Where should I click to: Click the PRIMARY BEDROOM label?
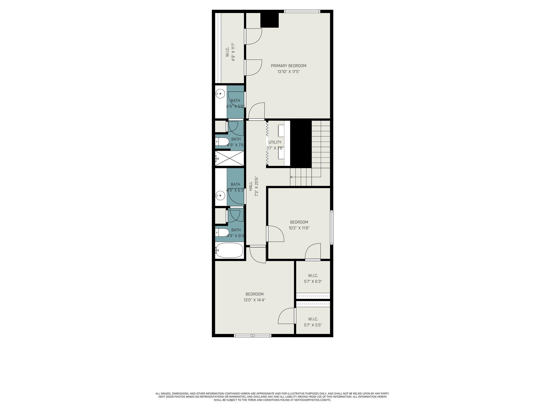pos(288,66)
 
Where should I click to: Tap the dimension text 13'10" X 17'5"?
pos(288,72)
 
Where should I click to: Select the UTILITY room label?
pos(275,142)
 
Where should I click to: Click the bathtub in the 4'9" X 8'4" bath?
pos(229,250)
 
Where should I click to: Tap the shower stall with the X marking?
pos(229,159)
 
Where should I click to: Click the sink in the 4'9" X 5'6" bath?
pos(220,93)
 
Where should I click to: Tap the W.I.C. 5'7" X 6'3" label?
pos(313,279)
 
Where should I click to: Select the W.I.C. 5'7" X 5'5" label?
pos(313,322)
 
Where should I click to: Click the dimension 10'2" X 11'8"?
pos(299,228)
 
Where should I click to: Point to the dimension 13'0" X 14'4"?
pos(254,300)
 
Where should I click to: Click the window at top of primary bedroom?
pos(302,11)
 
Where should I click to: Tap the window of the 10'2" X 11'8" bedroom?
pos(332,227)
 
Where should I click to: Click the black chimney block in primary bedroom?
pos(269,20)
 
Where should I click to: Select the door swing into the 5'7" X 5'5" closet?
pos(287,316)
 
